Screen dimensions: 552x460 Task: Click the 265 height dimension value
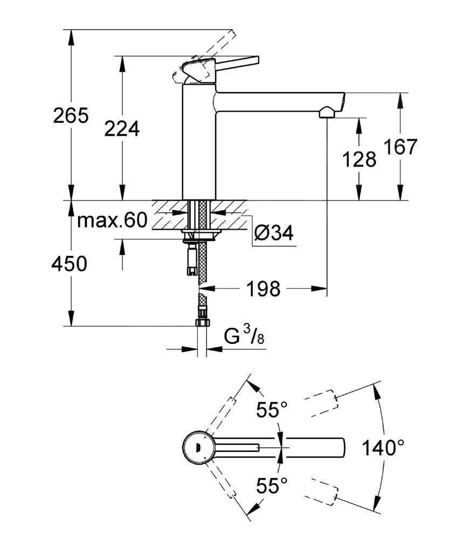point(70,115)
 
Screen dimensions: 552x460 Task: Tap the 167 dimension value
point(400,147)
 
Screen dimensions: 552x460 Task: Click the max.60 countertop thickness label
point(112,220)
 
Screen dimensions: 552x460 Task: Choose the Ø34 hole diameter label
point(273,233)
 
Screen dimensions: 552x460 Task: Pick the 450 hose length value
point(69,264)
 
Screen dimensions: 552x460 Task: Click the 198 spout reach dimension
point(264,289)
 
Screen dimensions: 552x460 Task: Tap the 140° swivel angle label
point(382,447)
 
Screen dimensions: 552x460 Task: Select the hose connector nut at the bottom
point(202,322)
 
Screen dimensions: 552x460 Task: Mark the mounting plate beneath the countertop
point(201,233)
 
